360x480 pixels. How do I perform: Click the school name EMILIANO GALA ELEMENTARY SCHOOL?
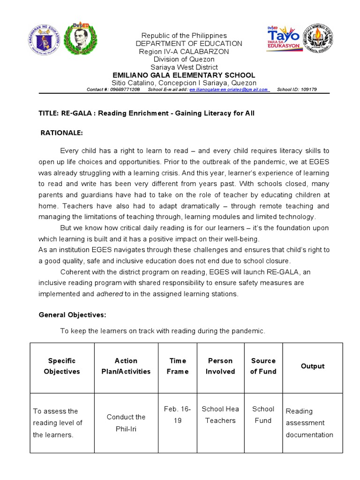coord(184,75)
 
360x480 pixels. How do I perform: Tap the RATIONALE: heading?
coord(62,133)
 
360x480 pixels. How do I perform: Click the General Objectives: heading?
coord(72,315)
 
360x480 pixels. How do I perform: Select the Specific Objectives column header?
coord(62,366)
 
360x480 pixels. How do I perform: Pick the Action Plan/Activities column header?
coord(126,366)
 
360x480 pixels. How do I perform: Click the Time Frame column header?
coord(178,366)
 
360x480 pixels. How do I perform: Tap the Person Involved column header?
coord(220,366)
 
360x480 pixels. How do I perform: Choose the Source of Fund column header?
coord(263,366)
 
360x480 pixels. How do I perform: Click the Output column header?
coord(313,366)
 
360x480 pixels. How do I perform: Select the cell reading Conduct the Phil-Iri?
coord(126,423)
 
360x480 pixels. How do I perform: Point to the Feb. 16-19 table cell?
coord(178,414)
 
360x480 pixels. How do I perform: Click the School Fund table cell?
coord(263,414)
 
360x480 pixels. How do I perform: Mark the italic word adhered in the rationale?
coord(109,294)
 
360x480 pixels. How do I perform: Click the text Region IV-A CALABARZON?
coord(184,51)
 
